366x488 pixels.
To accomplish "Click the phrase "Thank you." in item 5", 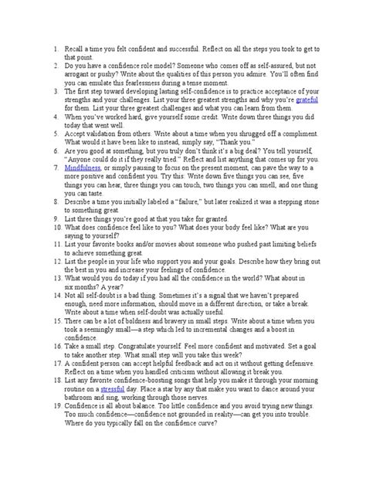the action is (x=254, y=143).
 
